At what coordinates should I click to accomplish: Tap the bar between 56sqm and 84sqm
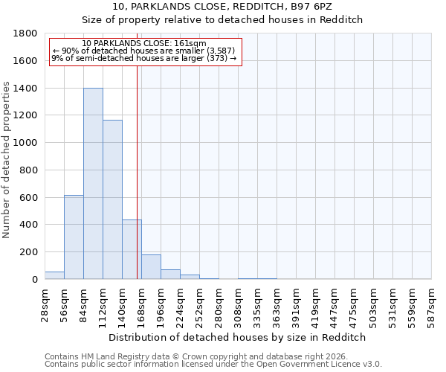(x=74, y=237)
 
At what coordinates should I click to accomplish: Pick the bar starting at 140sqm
(x=132, y=249)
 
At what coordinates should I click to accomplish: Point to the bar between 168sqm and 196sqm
(x=151, y=267)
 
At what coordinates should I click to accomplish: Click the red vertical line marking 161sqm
(x=138, y=171)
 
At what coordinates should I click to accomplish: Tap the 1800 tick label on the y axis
(x=28, y=33)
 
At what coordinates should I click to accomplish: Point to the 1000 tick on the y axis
(x=28, y=143)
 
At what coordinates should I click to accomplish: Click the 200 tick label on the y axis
(x=30, y=252)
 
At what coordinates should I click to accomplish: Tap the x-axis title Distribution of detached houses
(x=238, y=337)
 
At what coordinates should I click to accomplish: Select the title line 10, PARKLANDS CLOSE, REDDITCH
(x=238, y=7)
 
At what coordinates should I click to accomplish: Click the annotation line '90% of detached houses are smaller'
(x=144, y=51)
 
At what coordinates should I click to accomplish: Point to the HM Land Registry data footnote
(x=201, y=356)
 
